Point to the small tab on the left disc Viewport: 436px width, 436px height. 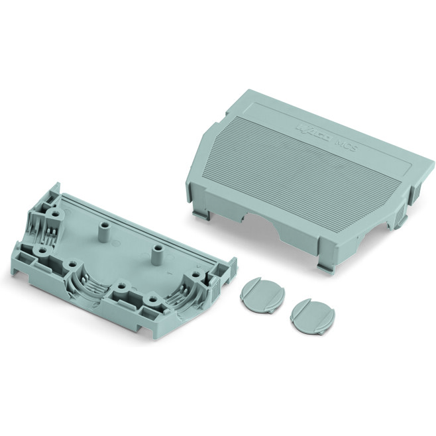pos(266,307)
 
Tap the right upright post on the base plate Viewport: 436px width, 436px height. pos(158,255)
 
